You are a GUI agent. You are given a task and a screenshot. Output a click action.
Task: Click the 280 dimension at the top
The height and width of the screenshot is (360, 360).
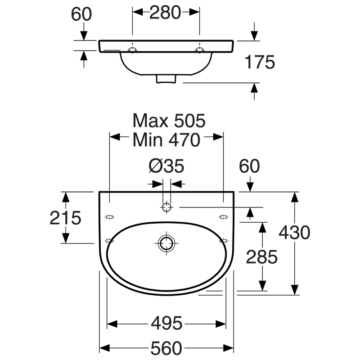(x=165, y=13)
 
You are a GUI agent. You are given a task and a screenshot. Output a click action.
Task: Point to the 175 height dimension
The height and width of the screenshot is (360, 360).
(x=260, y=62)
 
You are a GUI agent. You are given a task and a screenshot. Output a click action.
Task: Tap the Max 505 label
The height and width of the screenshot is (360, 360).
(x=169, y=121)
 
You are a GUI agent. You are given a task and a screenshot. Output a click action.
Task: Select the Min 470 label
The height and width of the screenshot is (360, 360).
(x=166, y=140)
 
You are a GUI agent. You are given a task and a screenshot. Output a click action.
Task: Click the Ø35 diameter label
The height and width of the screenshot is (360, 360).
(x=166, y=166)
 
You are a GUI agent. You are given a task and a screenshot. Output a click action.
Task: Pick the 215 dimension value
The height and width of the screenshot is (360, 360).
(x=65, y=218)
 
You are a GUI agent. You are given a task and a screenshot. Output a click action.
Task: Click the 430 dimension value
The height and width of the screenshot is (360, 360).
(x=294, y=232)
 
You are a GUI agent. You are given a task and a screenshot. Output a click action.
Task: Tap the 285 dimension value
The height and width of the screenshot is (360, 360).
(x=262, y=257)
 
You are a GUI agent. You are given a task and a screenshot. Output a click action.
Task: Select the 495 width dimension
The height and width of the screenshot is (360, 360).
(x=166, y=323)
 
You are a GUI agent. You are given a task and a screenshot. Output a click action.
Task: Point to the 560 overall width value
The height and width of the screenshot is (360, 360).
(x=166, y=348)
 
